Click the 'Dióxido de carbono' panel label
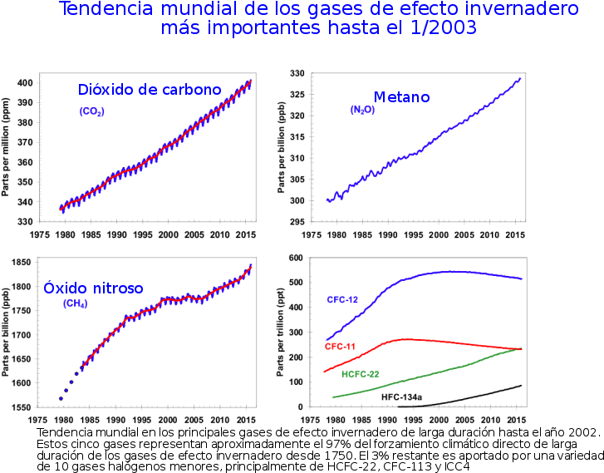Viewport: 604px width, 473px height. tap(150, 90)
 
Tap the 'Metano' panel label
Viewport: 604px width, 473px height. tap(401, 97)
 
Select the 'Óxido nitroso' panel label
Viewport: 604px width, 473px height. tap(94, 288)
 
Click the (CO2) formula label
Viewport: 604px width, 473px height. tap(92, 111)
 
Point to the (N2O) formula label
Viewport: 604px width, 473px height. tap(362, 110)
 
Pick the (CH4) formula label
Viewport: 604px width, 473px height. tap(76, 303)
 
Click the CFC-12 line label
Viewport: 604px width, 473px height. tap(342, 298)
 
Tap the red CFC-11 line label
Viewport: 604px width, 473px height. tap(341, 346)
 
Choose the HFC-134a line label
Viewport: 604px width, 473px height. tap(402, 398)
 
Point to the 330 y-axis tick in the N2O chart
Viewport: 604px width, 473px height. tap(295, 74)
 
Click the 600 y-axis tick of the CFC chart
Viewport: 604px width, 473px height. tap(295, 258)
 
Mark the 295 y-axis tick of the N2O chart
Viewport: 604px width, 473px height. tap(295, 222)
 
